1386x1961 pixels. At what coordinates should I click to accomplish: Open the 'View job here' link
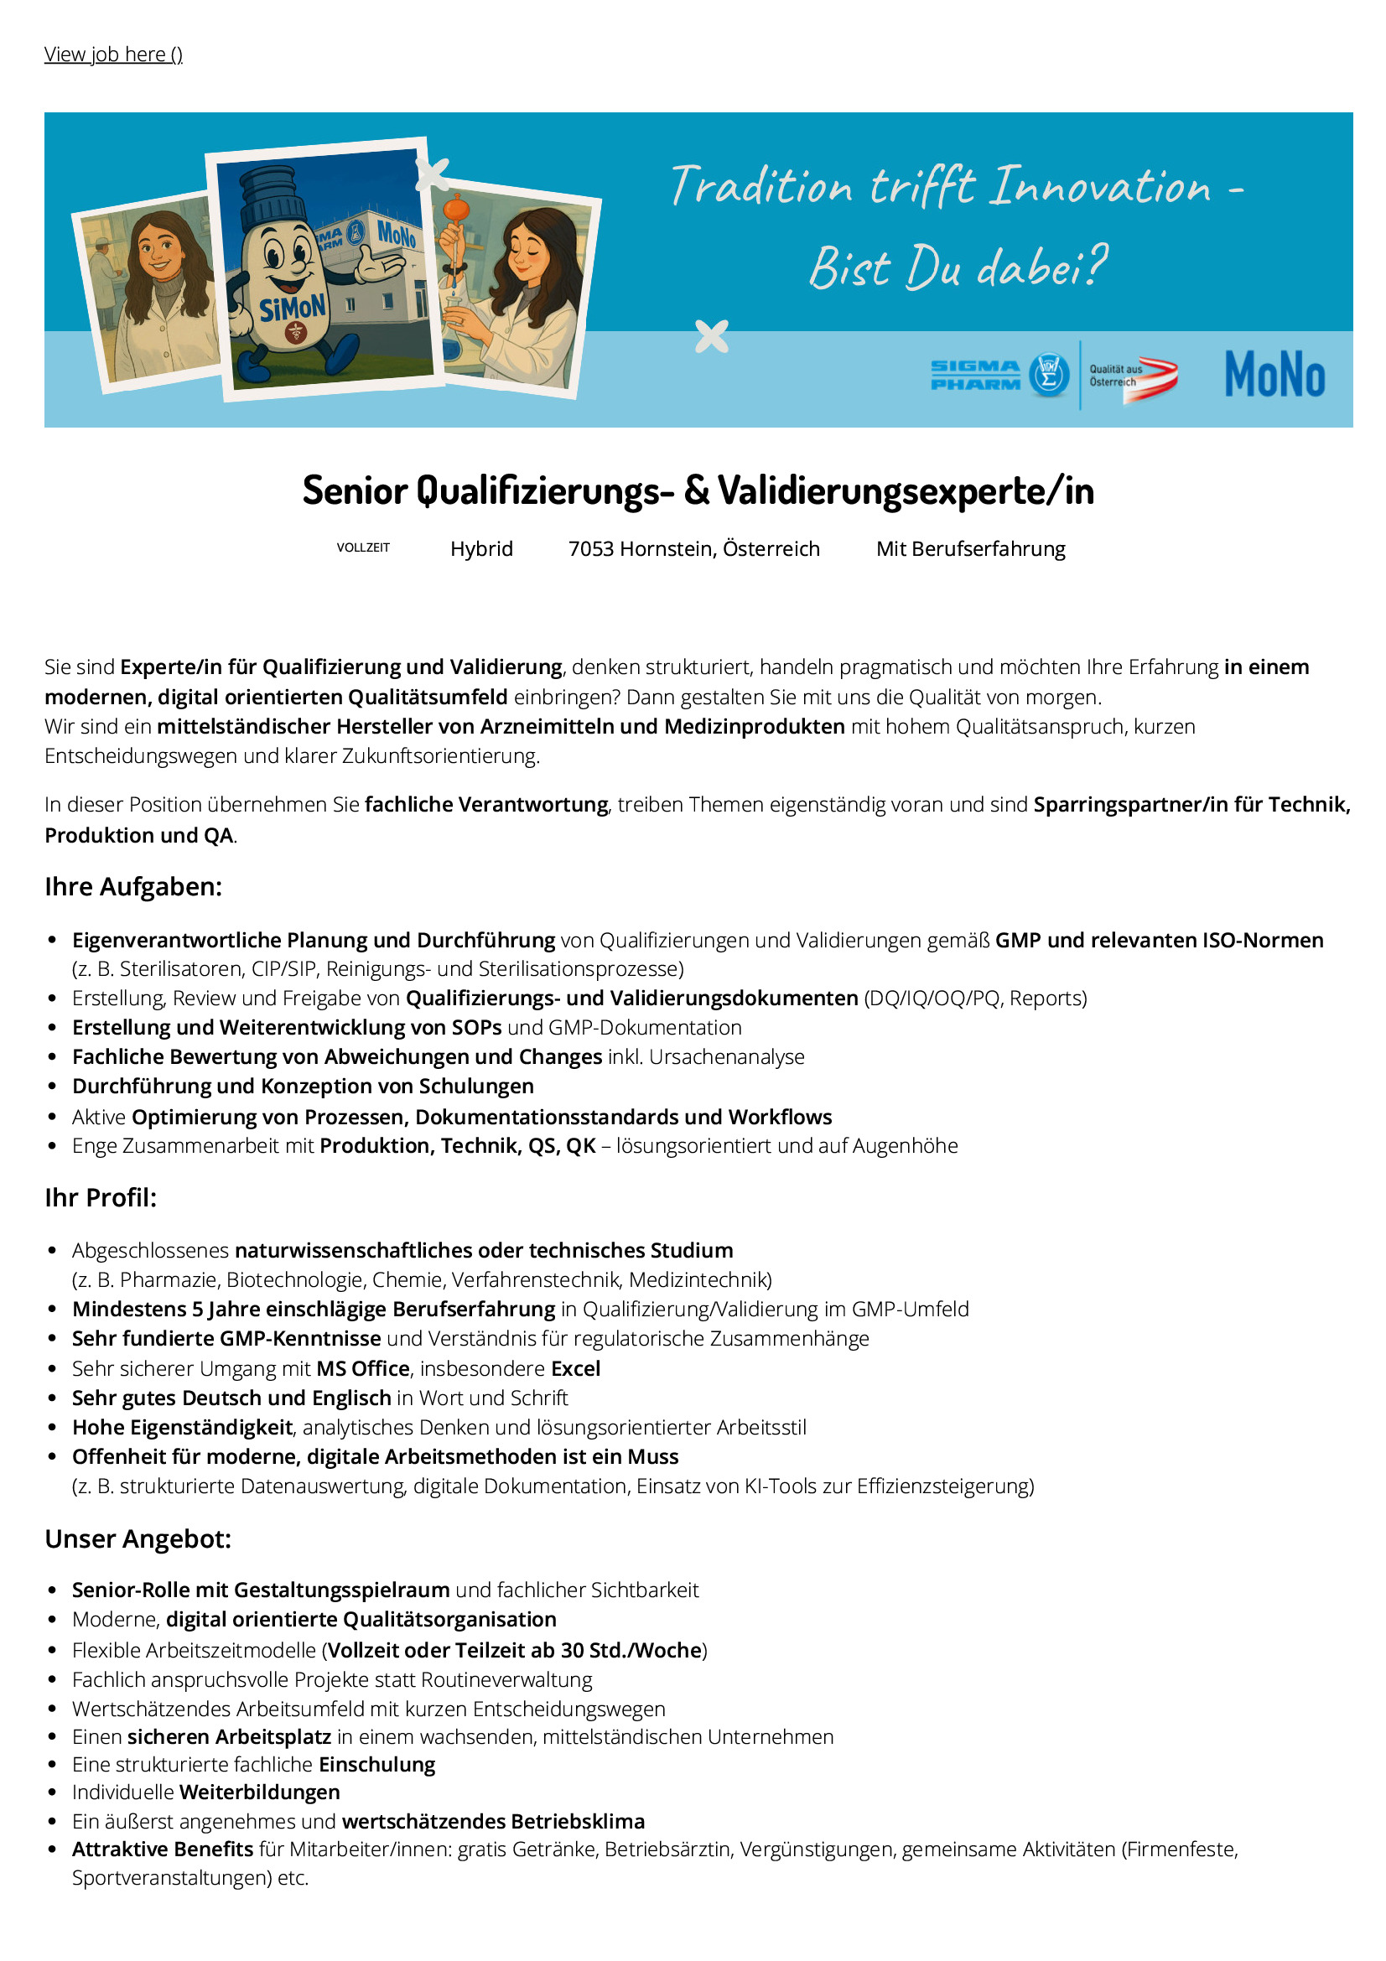[112, 54]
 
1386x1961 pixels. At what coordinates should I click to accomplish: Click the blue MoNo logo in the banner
[1274, 374]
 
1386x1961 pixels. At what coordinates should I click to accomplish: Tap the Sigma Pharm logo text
[975, 375]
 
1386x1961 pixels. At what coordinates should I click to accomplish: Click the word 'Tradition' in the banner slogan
[760, 186]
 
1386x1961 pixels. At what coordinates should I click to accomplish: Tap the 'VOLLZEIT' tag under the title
[363, 547]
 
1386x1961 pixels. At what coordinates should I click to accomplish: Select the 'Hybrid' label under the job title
[481, 548]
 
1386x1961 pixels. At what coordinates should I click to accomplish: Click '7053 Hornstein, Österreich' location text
[693, 548]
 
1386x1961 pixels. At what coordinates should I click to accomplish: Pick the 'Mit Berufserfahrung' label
[970, 548]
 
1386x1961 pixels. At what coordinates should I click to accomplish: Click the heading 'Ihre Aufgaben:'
[133, 886]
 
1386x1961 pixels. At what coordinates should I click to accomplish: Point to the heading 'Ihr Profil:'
[101, 1197]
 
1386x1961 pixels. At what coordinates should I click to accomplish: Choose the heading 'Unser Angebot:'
[138, 1538]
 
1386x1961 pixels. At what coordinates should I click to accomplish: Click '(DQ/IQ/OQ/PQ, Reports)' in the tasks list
[975, 998]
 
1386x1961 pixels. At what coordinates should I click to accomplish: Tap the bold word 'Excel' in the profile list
[575, 1368]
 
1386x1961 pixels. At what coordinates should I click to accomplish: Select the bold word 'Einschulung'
[376, 1765]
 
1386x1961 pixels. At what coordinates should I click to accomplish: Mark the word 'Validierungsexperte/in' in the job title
[906, 491]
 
